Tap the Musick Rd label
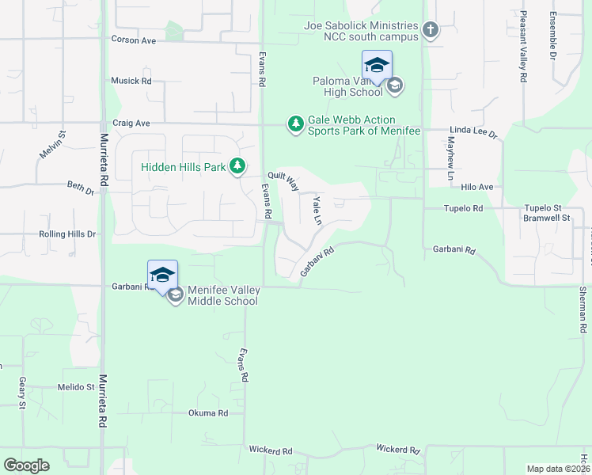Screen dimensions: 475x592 131,81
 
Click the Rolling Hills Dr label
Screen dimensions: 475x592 67,234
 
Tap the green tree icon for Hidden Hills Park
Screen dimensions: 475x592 237,166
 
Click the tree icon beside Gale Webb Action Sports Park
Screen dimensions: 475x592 295,123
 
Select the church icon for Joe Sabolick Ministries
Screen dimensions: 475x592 430,31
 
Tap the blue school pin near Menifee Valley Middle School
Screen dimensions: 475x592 162,275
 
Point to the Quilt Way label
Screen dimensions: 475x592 283,181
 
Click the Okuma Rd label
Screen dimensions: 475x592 208,413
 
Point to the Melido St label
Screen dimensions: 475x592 76,387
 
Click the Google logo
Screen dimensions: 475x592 27,465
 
